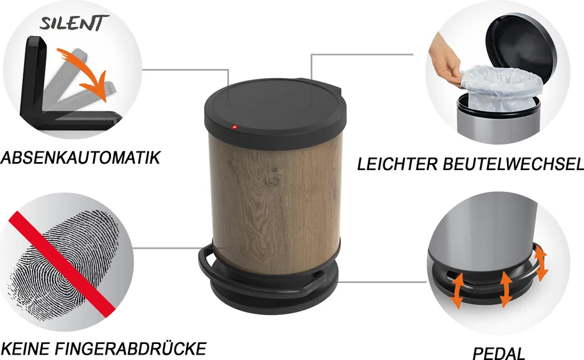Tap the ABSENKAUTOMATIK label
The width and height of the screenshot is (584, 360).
point(80,157)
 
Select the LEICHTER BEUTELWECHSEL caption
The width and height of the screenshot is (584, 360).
point(471,164)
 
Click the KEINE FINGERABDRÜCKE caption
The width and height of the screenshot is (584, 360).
point(104,349)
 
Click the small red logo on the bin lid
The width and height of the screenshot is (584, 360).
point(234,127)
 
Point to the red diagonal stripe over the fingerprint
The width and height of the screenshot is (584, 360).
point(62,264)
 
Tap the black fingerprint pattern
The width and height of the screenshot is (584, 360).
point(63,265)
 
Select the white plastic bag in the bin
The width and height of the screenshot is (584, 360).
point(499,88)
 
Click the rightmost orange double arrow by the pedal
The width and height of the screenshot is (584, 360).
point(541,263)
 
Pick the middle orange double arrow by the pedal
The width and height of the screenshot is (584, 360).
point(505,289)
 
